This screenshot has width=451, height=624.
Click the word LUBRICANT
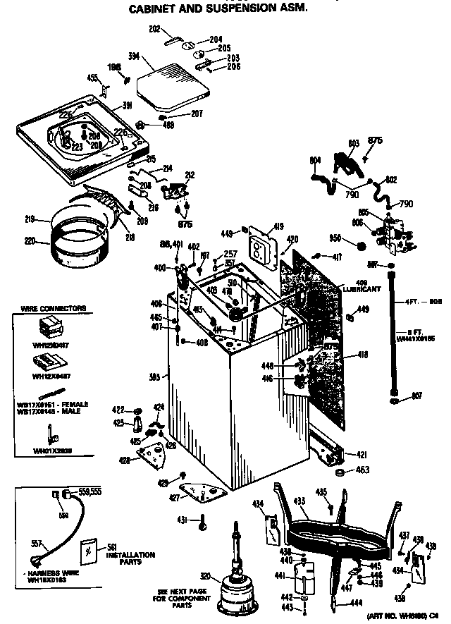(x=364, y=289)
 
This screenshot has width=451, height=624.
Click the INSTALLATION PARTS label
(x=132, y=559)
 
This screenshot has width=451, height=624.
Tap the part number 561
(x=112, y=546)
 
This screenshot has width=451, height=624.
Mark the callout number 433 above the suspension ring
(x=299, y=501)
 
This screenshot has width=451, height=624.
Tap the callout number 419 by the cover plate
(x=278, y=226)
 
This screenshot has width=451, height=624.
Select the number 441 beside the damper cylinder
(x=285, y=576)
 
